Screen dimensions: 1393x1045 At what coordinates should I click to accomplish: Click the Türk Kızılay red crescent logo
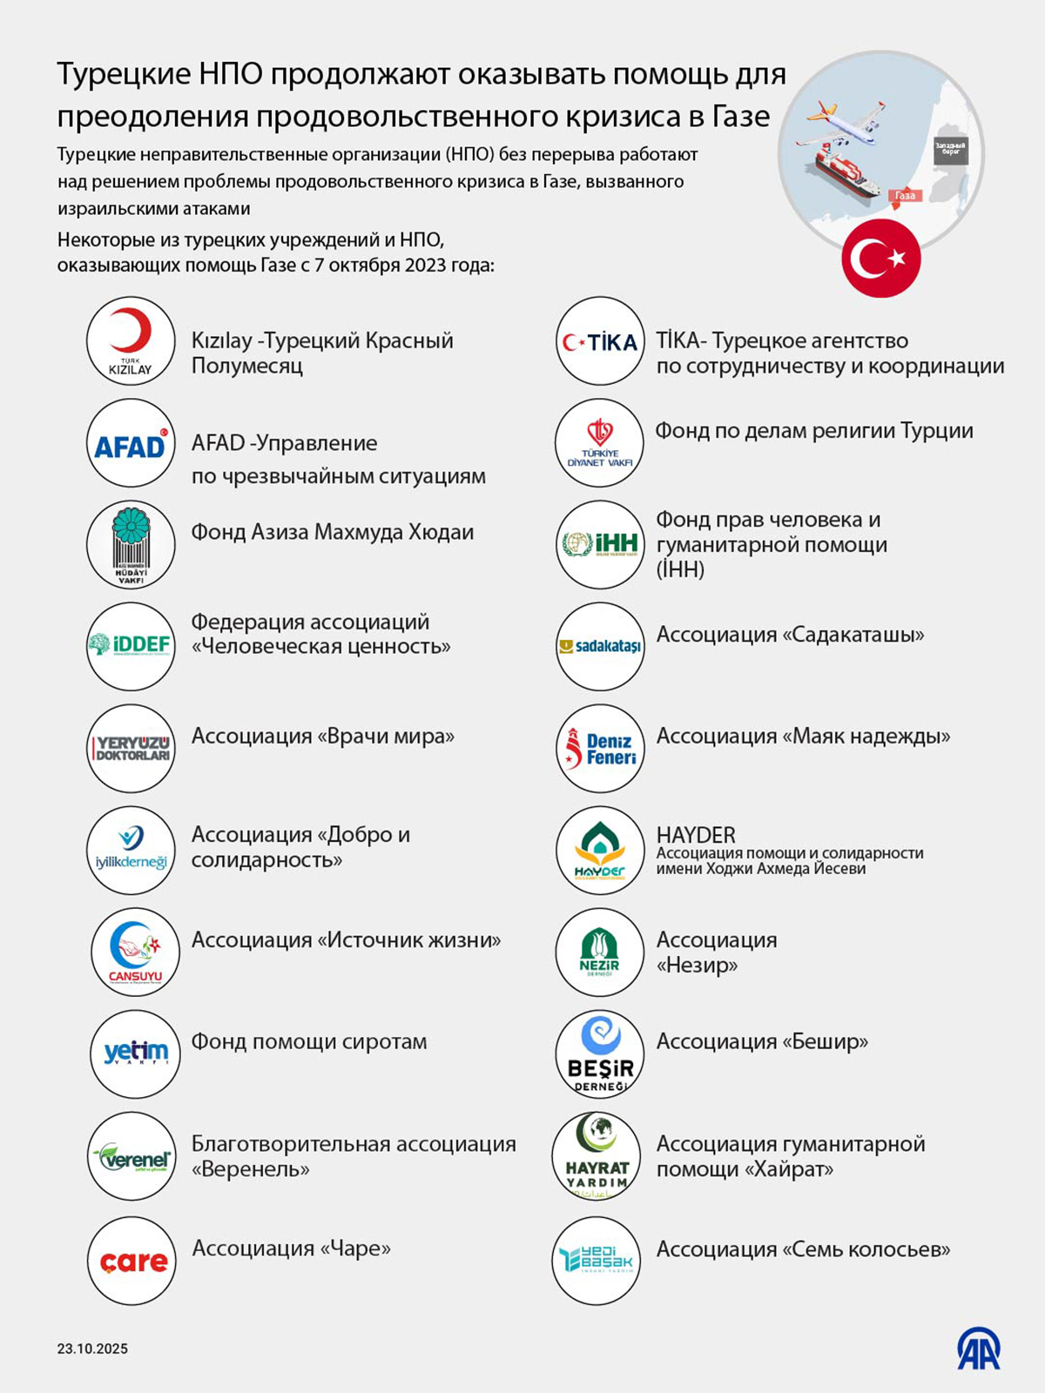click(131, 340)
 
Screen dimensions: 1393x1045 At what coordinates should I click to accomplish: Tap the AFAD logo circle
click(131, 444)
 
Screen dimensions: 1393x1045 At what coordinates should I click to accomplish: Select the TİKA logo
click(600, 341)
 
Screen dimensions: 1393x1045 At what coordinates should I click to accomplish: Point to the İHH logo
click(600, 545)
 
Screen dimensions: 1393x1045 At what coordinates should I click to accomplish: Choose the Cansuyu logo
click(135, 952)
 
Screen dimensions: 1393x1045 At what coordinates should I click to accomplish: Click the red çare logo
click(132, 1261)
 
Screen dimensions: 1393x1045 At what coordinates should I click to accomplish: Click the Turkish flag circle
click(880, 259)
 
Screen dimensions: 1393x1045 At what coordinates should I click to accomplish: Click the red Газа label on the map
click(906, 196)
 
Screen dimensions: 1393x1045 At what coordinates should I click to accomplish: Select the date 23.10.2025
click(92, 1349)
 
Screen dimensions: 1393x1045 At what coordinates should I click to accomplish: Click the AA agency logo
click(979, 1349)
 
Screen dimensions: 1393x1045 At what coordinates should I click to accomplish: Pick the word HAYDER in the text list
click(696, 835)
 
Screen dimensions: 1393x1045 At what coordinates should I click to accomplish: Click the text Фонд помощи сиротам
click(309, 1041)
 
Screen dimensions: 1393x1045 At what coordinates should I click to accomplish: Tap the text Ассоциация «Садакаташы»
click(790, 635)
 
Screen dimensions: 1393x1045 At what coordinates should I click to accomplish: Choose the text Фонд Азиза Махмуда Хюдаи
click(333, 532)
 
